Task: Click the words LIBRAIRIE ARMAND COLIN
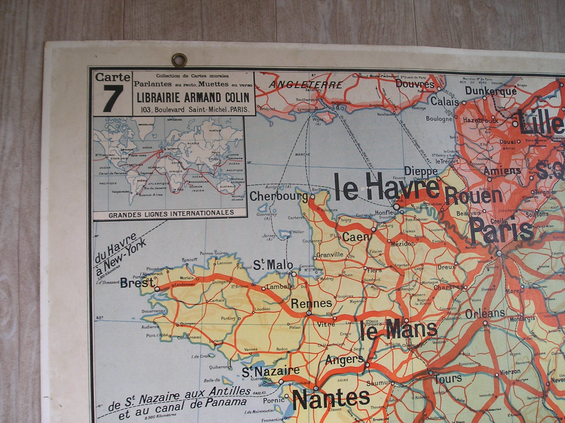[192, 97]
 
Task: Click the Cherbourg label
[279, 196]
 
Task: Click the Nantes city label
[331, 398]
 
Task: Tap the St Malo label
[273, 265]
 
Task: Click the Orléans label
[485, 313]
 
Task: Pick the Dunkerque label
[491, 91]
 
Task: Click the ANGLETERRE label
[305, 84]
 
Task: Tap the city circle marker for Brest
[157, 289]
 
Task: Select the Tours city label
[448, 379]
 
